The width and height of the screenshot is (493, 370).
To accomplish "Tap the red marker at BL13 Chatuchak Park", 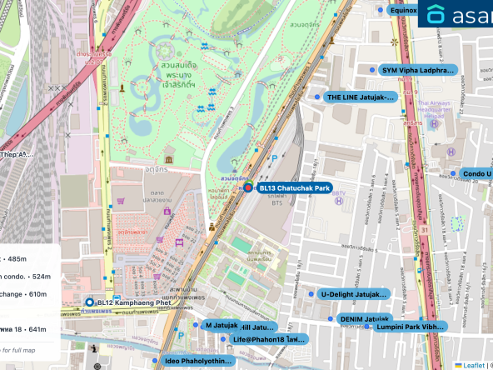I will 247,188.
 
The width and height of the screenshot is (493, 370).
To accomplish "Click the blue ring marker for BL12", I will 90,302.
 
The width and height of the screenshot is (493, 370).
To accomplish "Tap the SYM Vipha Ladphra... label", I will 419,70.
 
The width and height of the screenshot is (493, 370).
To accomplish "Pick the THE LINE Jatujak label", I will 360,97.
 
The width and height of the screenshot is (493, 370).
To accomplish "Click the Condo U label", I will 476,173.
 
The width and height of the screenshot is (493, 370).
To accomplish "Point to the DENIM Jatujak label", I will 365,318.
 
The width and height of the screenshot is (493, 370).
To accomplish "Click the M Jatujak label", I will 222,325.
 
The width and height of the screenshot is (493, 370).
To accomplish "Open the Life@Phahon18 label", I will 269,339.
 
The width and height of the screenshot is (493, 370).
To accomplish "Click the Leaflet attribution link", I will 473,365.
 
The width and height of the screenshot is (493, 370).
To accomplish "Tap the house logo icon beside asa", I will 436,14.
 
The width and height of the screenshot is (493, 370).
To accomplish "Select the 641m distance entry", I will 33,329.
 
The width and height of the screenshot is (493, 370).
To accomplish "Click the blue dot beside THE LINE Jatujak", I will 317,97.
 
